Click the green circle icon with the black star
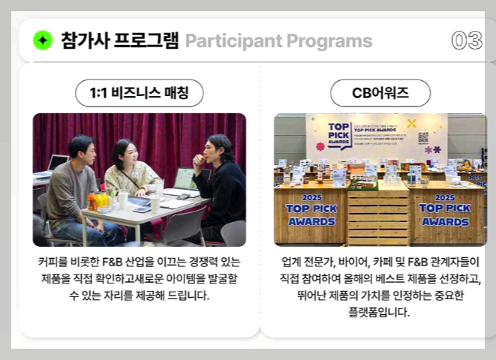click(43, 40)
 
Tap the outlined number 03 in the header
click(467, 40)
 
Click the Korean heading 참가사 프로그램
click(119, 40)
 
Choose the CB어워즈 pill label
click(380, 93)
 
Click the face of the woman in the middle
click(129, 152)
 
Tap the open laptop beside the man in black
click(185, 178)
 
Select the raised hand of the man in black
click(197, 157)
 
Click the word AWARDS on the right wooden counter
click(445, 221)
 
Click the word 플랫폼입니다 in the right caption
click(380, 312)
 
